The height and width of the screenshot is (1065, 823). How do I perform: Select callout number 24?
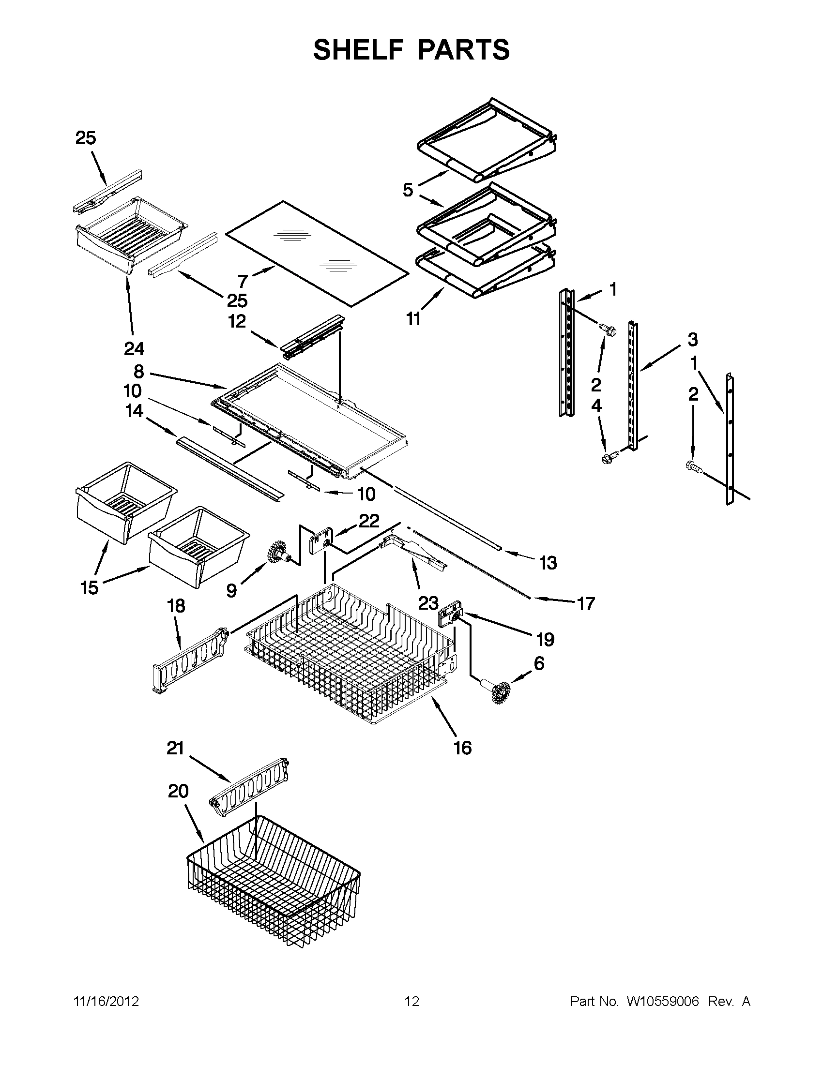tap(134, 349)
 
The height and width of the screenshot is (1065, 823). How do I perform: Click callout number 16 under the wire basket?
tap(462, 748)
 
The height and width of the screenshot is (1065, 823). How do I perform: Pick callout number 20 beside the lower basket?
tap(178, 791)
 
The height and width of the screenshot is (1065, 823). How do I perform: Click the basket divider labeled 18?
tap(190, 659)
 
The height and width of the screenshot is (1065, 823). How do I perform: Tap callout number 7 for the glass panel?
tap(243, 281)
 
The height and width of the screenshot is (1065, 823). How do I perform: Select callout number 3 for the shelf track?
tap(692, 339)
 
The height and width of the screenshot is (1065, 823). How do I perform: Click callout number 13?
tap(548, 563)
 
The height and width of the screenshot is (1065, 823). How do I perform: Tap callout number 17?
tap(586, 604)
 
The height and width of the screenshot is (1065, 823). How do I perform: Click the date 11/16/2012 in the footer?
tap(106, 1002)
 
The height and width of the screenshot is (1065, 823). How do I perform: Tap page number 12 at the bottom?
tap(412, 1002)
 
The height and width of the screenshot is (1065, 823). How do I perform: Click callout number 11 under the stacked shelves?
tap(413, 319)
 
